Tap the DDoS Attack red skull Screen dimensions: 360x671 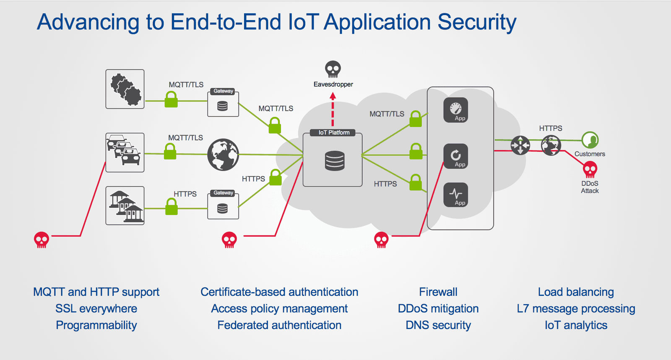(590, 170)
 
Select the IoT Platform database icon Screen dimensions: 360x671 (334, 161)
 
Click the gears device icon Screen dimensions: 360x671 (125, 89)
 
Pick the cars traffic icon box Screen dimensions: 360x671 (125, 153)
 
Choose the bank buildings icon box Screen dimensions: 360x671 (125, 206)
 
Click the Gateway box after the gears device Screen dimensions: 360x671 (223, 104)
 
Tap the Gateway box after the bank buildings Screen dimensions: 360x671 (223, 205)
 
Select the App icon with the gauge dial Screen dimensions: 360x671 (455, 110)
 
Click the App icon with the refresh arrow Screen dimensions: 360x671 (455, 156)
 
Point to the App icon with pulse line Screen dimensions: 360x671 (455, 195)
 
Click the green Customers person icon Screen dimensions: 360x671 (590, 140)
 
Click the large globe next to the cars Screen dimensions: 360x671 (223, 155)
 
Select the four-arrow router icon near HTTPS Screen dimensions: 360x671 (520, 145)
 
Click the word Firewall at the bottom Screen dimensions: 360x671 (438, 292)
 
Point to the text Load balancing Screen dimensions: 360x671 (576, 292)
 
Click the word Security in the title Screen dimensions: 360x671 (477, 22)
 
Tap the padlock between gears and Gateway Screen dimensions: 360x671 (171, 100)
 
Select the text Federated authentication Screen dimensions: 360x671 (279, 325)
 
